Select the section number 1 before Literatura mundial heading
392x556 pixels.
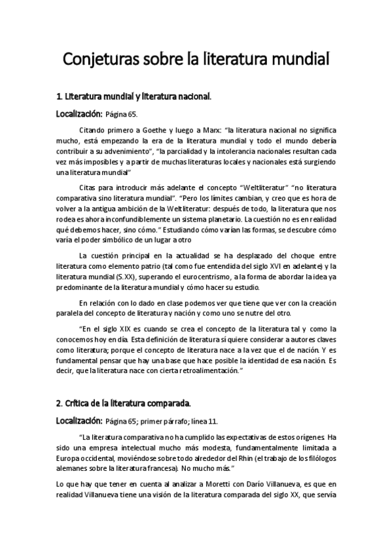click(59, 97)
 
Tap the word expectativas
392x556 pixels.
click(238, 437)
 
